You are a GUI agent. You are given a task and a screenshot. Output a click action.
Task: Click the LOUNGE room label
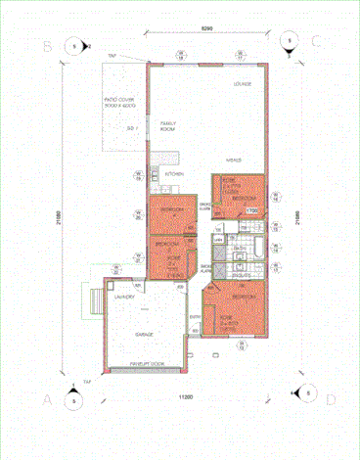tap(243, 84)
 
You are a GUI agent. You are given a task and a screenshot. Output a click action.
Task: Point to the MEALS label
tap(234, 160)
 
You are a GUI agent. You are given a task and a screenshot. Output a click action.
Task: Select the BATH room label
tap(239, 249)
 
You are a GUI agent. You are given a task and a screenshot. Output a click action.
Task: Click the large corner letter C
tap(317, 43)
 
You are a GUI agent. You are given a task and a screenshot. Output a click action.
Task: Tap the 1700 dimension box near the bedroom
tap(250, 209)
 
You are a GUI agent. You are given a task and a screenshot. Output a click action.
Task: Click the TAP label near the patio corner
tap(112, 57)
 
